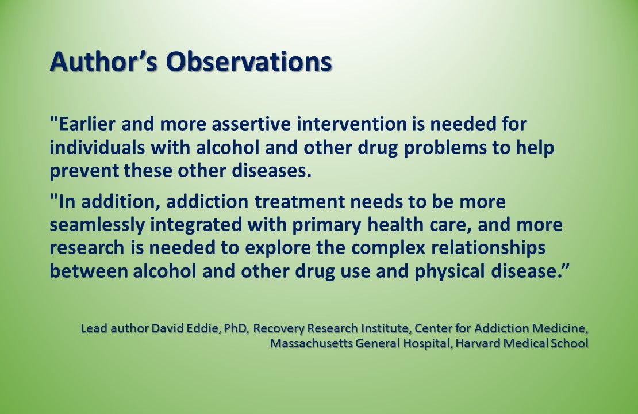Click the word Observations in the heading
pos(249,62)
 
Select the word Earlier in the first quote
pos(87,124)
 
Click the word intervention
pos(333,124)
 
